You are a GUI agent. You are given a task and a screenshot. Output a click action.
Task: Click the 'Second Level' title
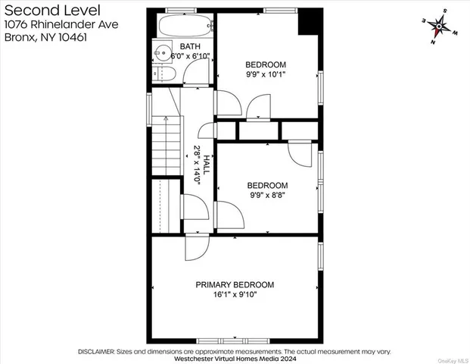click(x=43, y=9)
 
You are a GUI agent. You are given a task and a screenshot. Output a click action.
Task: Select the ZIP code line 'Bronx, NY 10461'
click(x=42, y=36)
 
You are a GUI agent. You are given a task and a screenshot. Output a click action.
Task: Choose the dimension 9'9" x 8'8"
click(x=268, y=194)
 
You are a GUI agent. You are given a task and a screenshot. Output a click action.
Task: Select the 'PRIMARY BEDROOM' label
click(x=235, y=284)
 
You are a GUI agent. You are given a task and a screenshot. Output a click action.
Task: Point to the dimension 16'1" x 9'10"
click(x=235, y=294)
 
